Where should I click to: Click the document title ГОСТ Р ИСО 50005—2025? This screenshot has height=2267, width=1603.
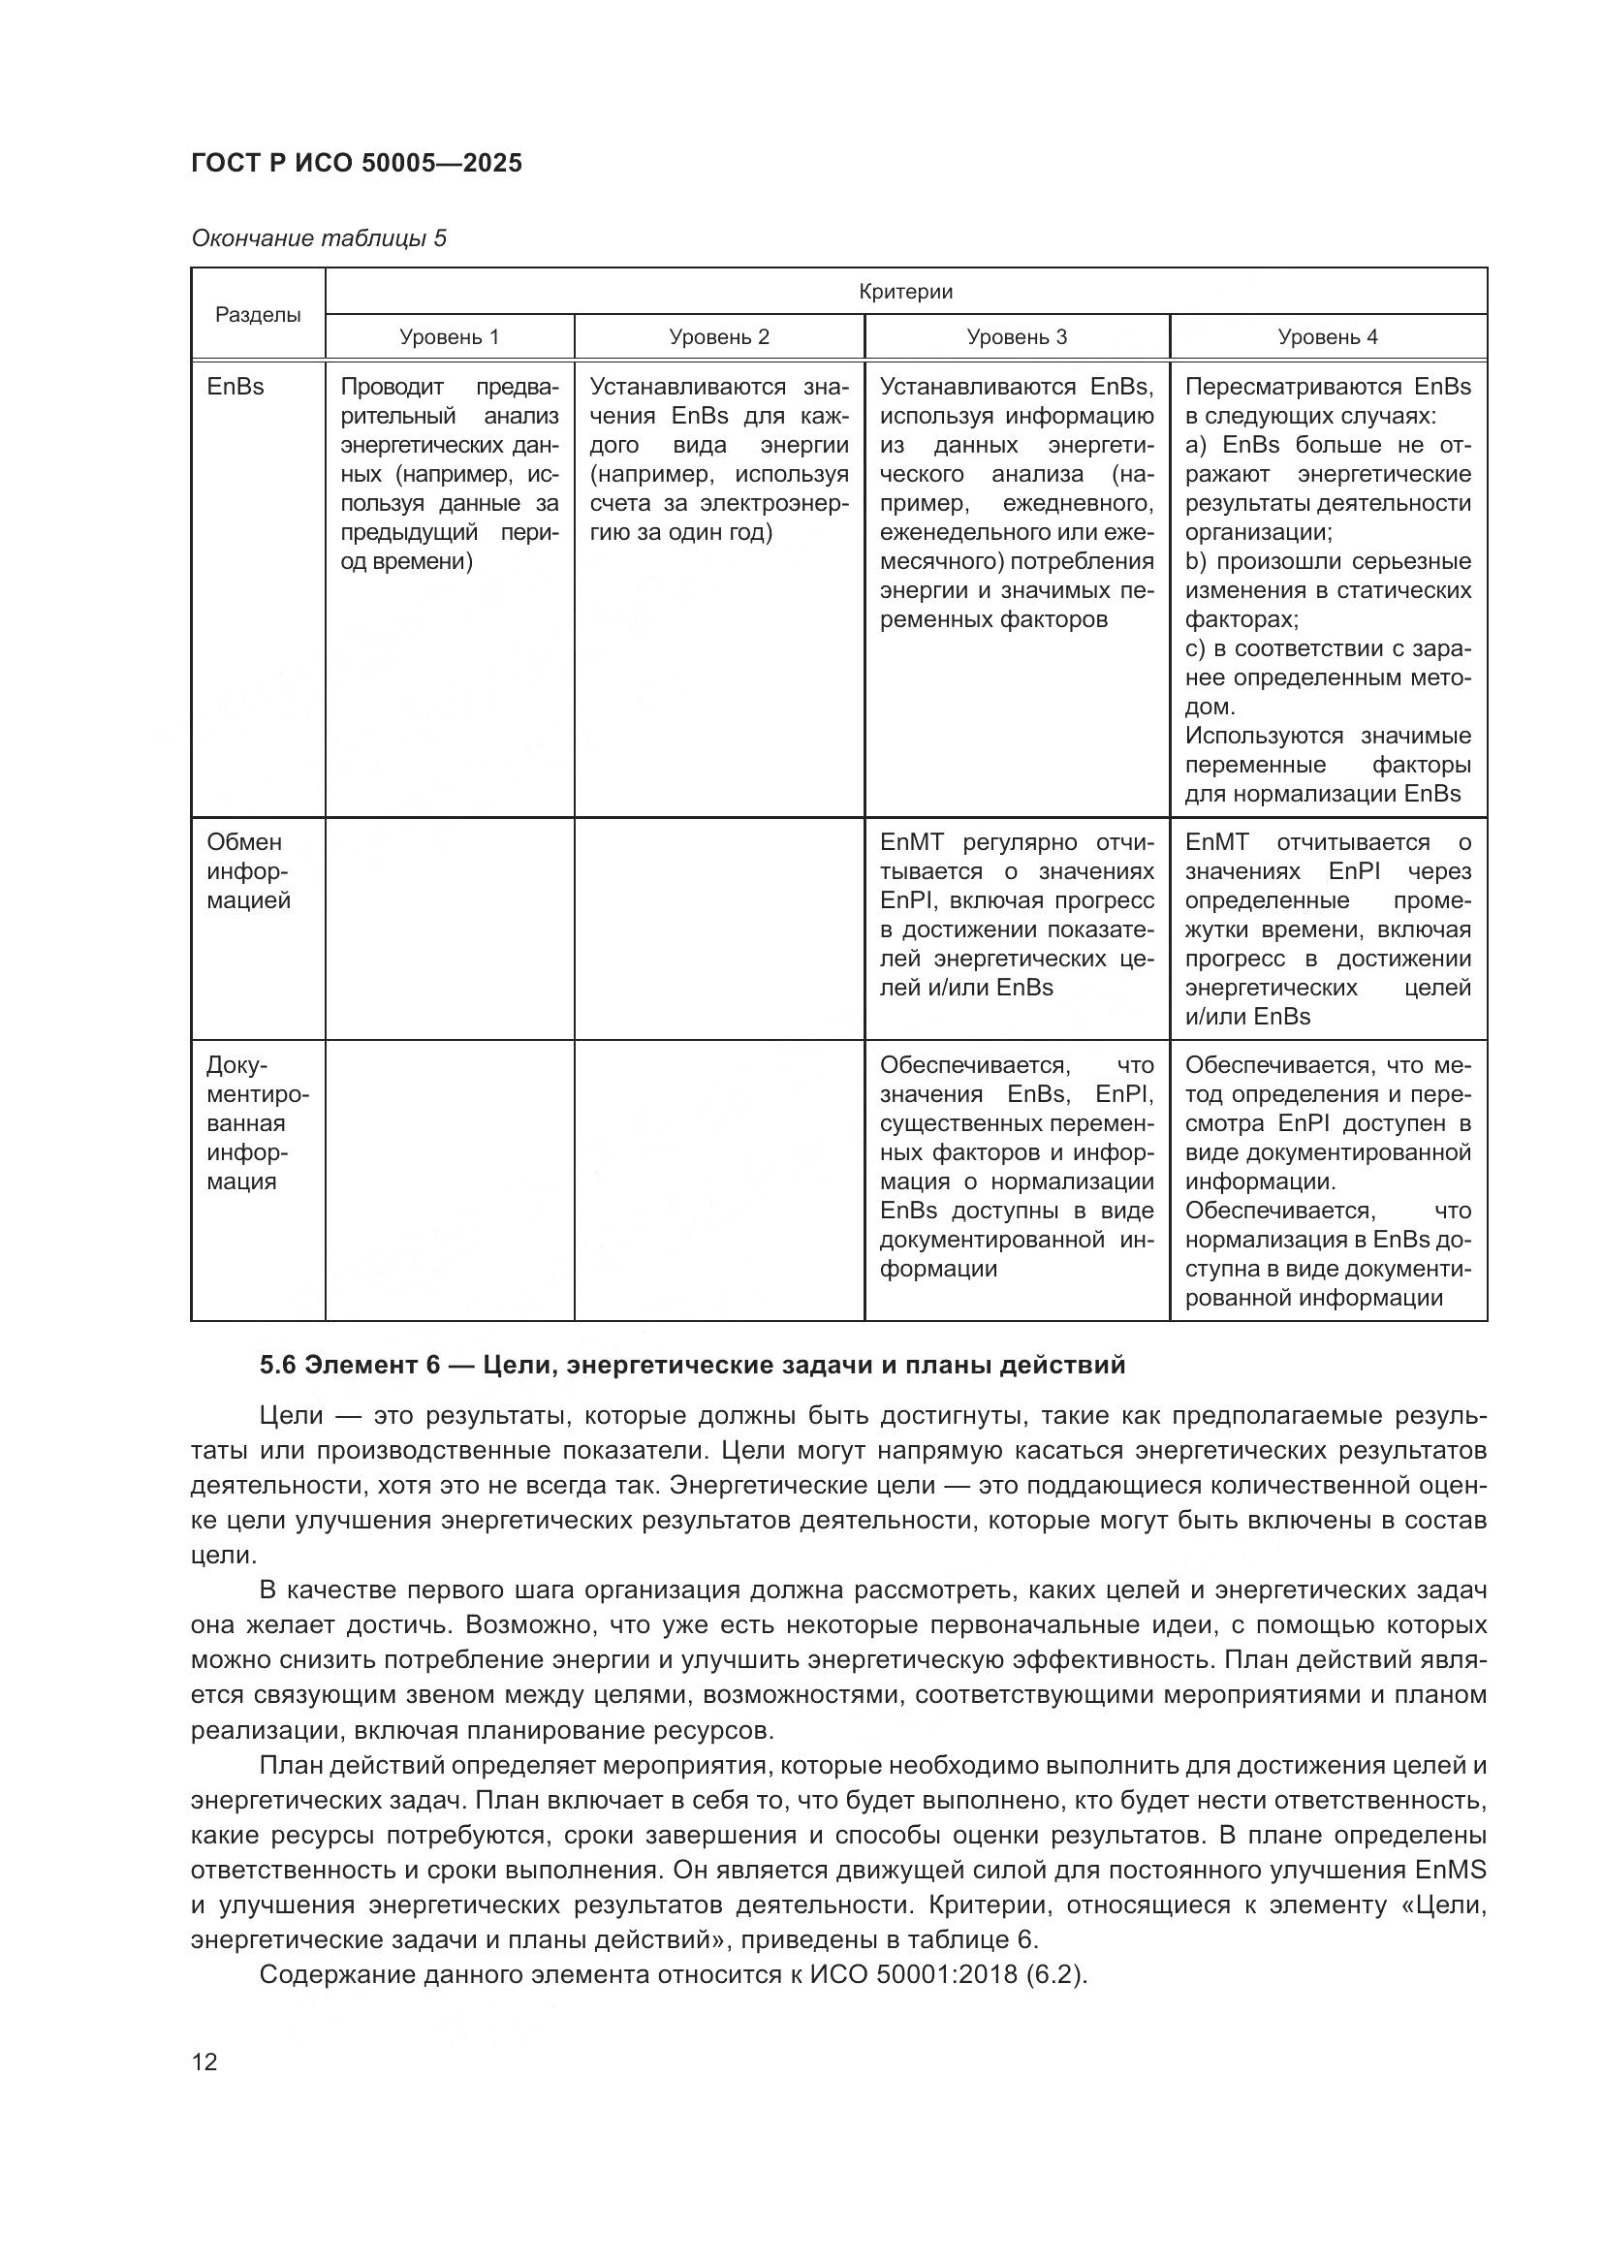(357, 163)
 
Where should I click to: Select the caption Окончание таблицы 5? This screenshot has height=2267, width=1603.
(319, 238)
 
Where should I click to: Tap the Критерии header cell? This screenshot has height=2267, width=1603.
(905, 292)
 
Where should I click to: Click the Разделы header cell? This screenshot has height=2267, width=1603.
(258, 314)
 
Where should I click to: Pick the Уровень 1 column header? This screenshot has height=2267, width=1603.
(449, 336)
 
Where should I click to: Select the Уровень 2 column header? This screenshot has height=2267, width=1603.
(718, 336)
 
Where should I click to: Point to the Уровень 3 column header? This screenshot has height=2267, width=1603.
(1017, 336)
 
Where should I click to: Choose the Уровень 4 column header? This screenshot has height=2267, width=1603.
(1328, 336)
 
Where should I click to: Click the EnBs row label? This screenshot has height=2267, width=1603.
(236, 387)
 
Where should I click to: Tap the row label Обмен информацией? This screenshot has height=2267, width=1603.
(248, 871)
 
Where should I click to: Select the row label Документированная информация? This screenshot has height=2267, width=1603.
(257, 1122)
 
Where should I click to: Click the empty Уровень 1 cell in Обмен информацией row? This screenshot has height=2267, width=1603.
(449, 929)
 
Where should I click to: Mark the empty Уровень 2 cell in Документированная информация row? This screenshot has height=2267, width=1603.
(718, 1180)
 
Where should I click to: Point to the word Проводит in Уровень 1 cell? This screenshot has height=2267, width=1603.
(392, 386)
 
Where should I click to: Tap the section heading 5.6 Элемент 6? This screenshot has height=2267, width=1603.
(691, 1365)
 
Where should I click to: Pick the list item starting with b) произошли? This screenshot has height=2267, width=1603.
(1328, 562)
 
